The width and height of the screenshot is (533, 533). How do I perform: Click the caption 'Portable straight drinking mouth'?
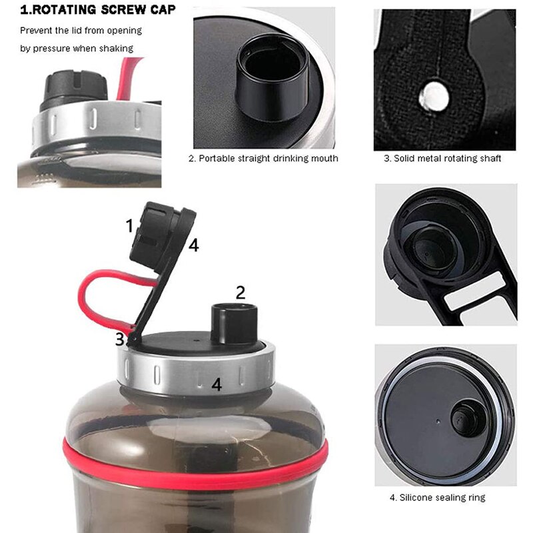[264, 159]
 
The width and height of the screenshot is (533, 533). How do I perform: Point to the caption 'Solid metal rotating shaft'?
[442, 159]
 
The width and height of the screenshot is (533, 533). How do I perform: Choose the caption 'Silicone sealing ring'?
[437, 498]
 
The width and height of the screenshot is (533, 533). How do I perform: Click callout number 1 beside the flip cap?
[130, 226]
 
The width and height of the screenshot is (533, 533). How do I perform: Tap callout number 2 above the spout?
[241, 292]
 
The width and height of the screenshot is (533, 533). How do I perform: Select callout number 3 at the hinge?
[120, 339]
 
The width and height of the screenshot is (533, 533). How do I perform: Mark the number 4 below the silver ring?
[216, 384]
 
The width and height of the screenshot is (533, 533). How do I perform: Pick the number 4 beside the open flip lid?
[193, 246]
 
